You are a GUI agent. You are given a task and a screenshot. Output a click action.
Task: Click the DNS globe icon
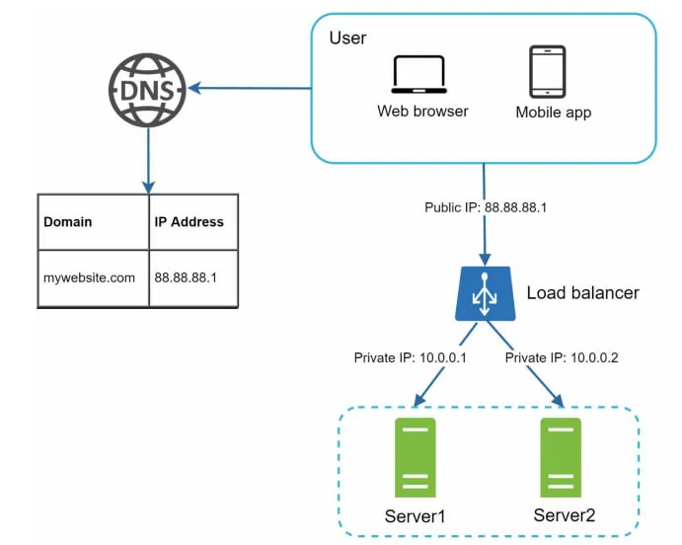pos(147,90)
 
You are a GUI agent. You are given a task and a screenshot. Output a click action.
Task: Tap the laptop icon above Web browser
pos(418,74)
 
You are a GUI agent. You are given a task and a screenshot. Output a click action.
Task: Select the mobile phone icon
pos(547,72)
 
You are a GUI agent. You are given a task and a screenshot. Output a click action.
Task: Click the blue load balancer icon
pos(485,293)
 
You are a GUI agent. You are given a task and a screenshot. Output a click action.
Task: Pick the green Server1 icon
pos(415,457)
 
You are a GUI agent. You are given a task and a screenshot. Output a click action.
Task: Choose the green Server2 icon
pos(561,457)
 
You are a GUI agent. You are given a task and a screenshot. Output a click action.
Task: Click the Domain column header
pos(68,222)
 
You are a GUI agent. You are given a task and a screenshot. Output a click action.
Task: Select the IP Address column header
pos(189,222)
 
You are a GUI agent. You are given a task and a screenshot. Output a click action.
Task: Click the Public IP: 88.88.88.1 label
pos(486,207)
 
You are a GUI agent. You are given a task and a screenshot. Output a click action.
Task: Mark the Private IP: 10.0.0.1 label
pos(411,357)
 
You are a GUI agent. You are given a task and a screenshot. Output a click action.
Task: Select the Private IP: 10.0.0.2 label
pos(562,357)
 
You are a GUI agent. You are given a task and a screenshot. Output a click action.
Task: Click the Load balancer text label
pos(583,292)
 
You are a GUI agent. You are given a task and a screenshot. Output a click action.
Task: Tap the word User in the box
pos(347,38)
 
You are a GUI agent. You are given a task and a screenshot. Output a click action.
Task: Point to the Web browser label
pos(422,111)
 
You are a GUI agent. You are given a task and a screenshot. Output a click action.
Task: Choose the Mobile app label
pos(554,113)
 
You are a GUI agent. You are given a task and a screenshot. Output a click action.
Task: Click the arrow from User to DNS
pos(250,88)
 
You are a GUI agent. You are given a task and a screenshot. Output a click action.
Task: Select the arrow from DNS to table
pos(148,161)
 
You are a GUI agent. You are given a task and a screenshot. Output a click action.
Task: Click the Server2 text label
pos(565,515)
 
